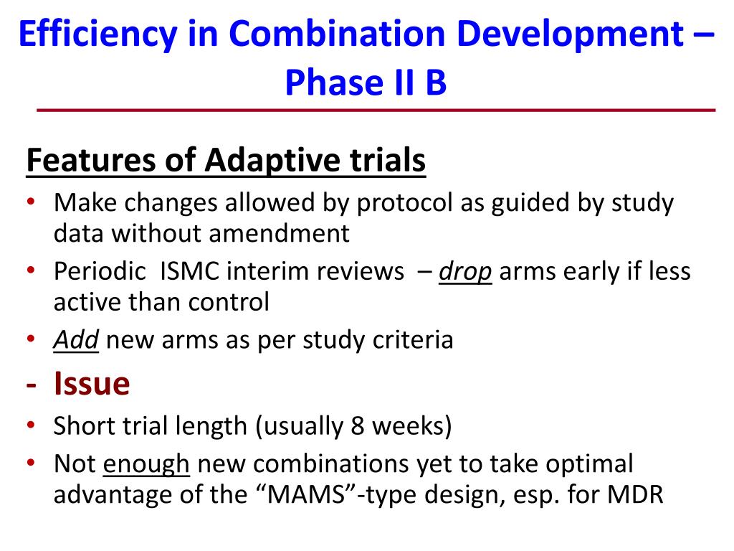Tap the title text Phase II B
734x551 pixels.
pos(366,83)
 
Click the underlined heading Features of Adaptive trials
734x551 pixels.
pos(226,161)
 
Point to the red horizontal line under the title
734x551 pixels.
pos(376,110)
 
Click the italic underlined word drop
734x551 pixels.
pos(465,272)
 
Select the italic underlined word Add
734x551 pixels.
pos(75,339)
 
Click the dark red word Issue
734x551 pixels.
pos(91,385)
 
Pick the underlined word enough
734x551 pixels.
pos(146,464)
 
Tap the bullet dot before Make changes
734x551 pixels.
pos(32,203)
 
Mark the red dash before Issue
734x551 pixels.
pos(32,386)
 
